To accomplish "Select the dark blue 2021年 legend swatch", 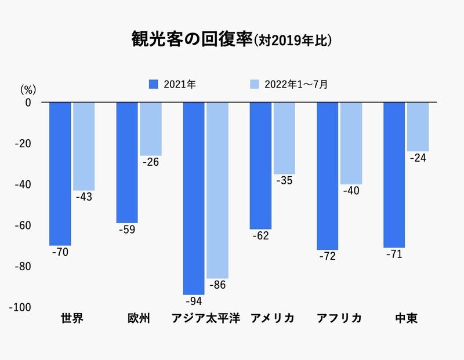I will (154, 85).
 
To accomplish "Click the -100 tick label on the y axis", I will (21, 307).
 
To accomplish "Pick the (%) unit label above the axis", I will (28, 89).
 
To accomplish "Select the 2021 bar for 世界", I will (60, 173).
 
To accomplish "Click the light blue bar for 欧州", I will (150, 129).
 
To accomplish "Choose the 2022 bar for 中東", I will (418, 126).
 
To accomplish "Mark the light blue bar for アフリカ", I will (351, 143).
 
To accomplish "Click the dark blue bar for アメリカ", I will (260, 165).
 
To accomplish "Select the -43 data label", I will (84, 197).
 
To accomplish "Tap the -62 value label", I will (260, 236).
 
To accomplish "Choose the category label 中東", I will (406, 319).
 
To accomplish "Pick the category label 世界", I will (72, 319).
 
